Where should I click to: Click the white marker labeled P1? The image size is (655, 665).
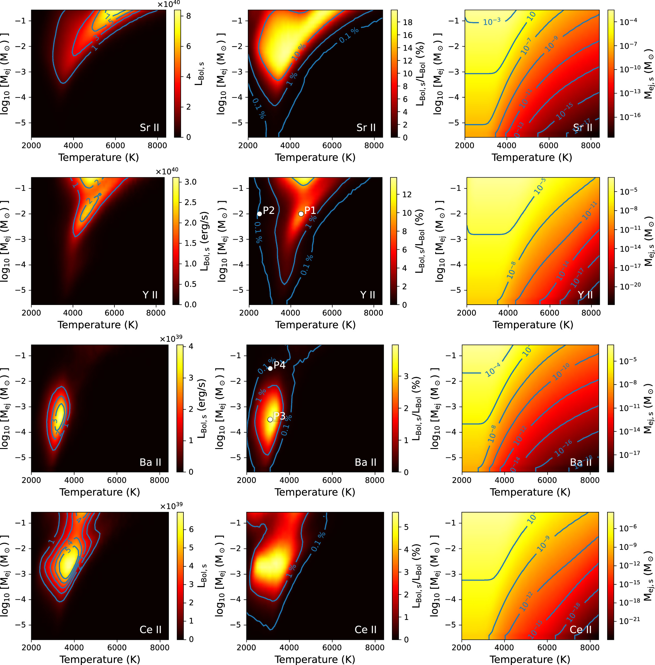[x=301, y=214]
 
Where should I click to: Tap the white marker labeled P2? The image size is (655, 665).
[x=259, y=214]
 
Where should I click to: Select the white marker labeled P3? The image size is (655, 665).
[x=270, y=420]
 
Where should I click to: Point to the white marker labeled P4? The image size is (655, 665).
[x=270, y=368]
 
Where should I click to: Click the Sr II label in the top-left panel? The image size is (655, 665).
[x=149, y=128]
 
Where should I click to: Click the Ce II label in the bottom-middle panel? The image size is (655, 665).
[x=365, y=630]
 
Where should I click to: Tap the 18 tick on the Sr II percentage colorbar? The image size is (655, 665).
[x=408, y=22]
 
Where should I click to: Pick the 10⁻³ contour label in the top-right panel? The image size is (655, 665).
[x=492, y=22]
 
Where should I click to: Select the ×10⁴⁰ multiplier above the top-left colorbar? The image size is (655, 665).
[x=169, y=4]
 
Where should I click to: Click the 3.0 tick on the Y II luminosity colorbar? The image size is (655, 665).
[x=190, y=182]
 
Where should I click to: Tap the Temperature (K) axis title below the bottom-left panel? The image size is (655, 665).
[x=100, y=659]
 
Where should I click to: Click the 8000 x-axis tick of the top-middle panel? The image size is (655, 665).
[x=374, y=146]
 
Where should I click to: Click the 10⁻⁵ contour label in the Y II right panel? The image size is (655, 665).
[x=540, y=186]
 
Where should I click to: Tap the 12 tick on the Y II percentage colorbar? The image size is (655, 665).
[x=407, y=195]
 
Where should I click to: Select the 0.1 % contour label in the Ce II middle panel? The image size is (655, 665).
[x=318, y=542]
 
